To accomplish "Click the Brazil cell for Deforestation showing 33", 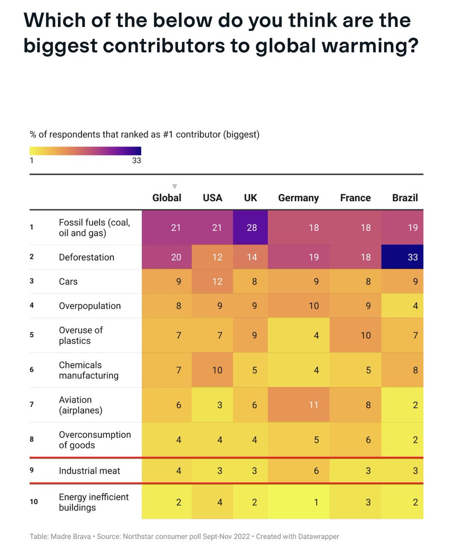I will pyautogui.click(x=412, y=257).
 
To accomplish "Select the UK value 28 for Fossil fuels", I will pyautogui.click(x=251, y=227).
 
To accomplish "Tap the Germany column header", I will pyautogui.click(x=298, y=198).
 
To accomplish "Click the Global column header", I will pyautogui.click(x=167, y=198).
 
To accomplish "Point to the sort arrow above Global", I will pyautogui.click(x=174, y=186).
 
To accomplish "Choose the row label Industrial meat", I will pyautogui.click(x=90, y=470).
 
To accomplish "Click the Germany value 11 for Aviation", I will pyautogui.click(x=313, y=405).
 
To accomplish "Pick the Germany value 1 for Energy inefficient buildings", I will pyautogui.click(x=316, y=502).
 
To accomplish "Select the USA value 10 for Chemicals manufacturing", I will pyautogui.click(x=217, y=370).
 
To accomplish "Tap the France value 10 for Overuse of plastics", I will pyautogui.click(x=365, y=335).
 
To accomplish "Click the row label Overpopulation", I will pyautogui.click(x=90, y=306).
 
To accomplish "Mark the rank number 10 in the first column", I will pyautogui.click(x=33, y=502).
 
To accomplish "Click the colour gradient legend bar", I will pyautogui.click(x=85, y=151).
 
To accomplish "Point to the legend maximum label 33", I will pyautogui.click(x=136, y=161).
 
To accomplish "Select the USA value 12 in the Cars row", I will pyautogui.click(x=217, y=281).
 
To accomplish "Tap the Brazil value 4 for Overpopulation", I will pyautogui.click(x=415, y=306).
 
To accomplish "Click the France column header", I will pyautogui.click(x=355, y=198).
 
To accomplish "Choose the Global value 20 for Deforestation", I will pyautogui.click(x=176, y=257).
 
